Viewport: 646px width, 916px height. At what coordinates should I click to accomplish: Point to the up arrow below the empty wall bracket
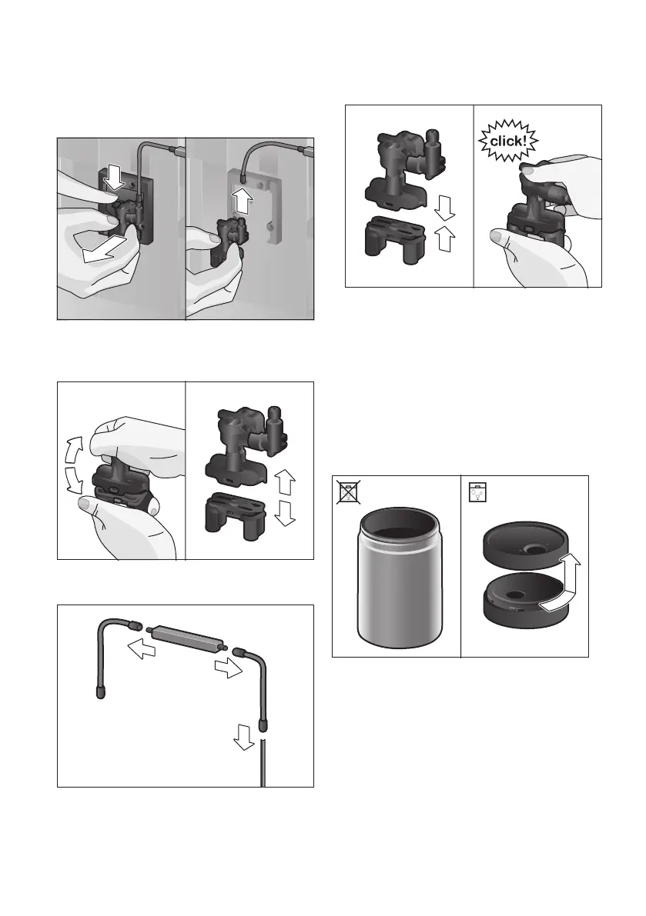point(242,199)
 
